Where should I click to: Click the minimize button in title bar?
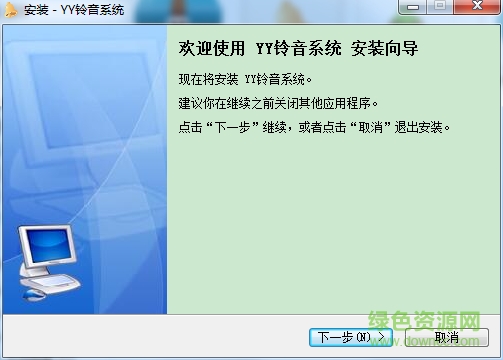tap(416, 8)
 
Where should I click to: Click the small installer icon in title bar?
tap(10, 10)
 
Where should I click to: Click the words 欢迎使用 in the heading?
tap(206, 48)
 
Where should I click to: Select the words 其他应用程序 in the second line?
tap(349, 103)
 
